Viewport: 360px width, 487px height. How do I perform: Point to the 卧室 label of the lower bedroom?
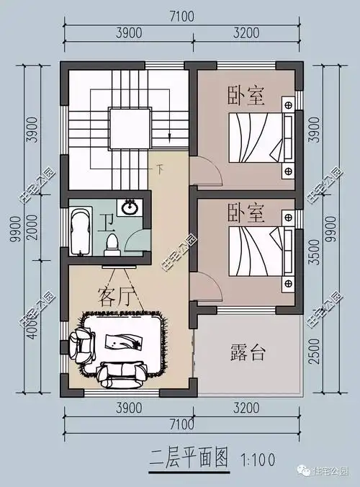(x=246, y=213)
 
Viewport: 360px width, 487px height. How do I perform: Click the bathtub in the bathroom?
(x=80, y=231)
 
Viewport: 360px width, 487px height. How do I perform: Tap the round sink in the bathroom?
(x=130, y=209)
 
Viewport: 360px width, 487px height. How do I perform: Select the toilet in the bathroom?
(x=112, y=243)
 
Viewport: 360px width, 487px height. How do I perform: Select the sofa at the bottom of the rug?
(x=121, y=372)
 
